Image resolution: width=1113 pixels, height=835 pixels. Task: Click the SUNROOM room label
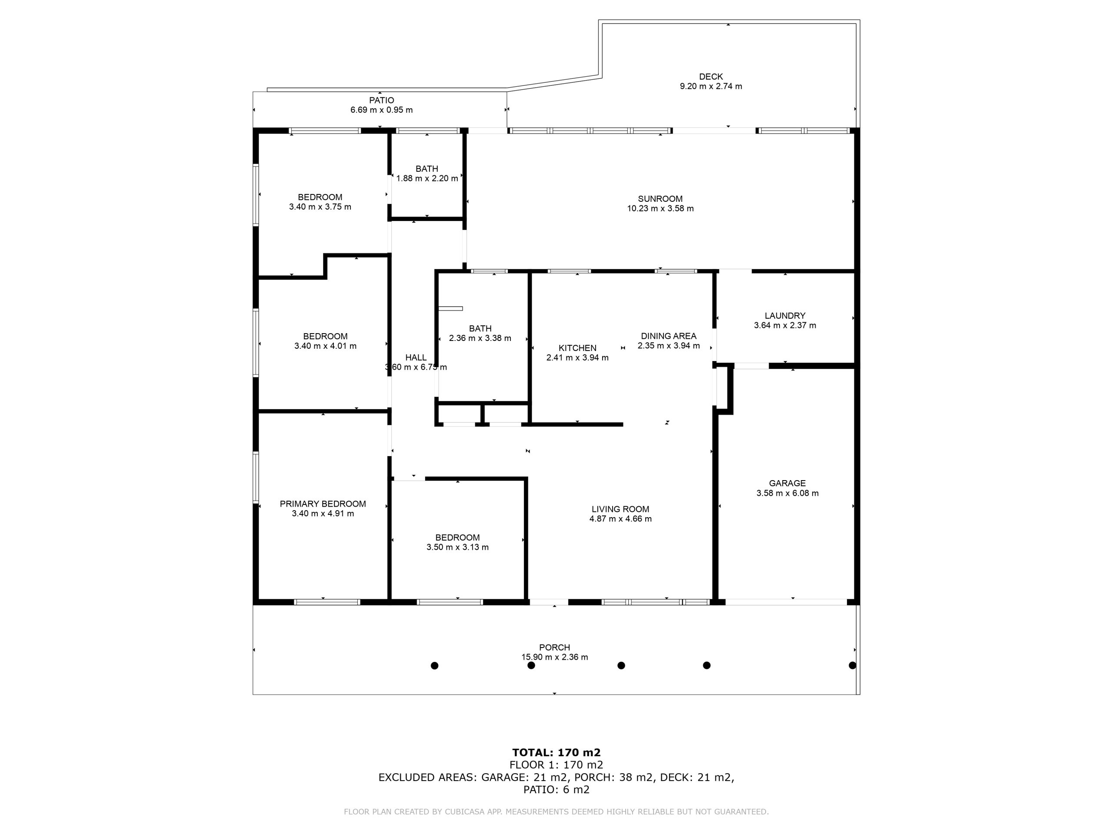(660, 199)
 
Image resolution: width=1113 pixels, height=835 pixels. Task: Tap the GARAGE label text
(787, 483)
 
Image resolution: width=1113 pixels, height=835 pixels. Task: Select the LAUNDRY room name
(785, 316)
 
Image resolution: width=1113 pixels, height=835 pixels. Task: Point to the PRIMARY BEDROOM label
(323, 504)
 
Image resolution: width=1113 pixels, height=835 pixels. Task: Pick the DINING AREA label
(669, 336)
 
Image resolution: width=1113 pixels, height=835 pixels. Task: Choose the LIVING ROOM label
(620, 509)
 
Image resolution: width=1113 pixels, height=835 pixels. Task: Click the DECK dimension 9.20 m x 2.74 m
(711, 86)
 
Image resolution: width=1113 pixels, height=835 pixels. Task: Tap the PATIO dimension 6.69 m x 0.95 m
(381, 110)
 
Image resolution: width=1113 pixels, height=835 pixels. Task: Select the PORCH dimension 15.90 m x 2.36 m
(554, 657)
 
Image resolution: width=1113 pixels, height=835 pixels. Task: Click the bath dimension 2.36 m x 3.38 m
(480, 338)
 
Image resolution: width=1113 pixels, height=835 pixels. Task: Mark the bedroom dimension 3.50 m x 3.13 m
(457, 547)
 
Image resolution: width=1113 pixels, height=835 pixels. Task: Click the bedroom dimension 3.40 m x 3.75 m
(320, 207)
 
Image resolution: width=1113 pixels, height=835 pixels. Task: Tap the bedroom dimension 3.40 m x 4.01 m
(326, 346)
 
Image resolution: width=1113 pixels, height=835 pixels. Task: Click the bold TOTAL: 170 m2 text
(556, 752)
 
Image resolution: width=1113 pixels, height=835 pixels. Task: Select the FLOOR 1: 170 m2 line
(556, 765)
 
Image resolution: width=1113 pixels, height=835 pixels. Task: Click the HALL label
(416, 357)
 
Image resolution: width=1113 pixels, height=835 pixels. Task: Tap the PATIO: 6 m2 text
(556, 789)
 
